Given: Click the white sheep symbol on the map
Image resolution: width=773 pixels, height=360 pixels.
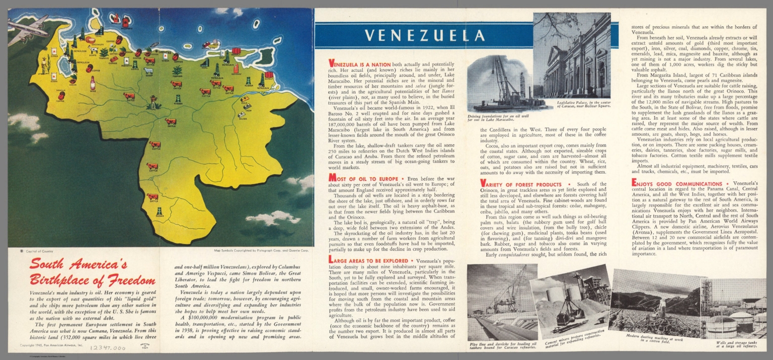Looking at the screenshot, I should tap(148, 71).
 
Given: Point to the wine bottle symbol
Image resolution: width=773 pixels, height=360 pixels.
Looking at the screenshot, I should tap(93, 83).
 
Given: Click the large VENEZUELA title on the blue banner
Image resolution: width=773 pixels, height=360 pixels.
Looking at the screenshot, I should tap(425, 35).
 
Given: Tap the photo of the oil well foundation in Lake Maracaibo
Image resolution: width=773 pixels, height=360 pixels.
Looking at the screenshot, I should tap(505, 84).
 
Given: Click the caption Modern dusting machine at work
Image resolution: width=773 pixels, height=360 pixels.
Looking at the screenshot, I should tap(654, 337).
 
